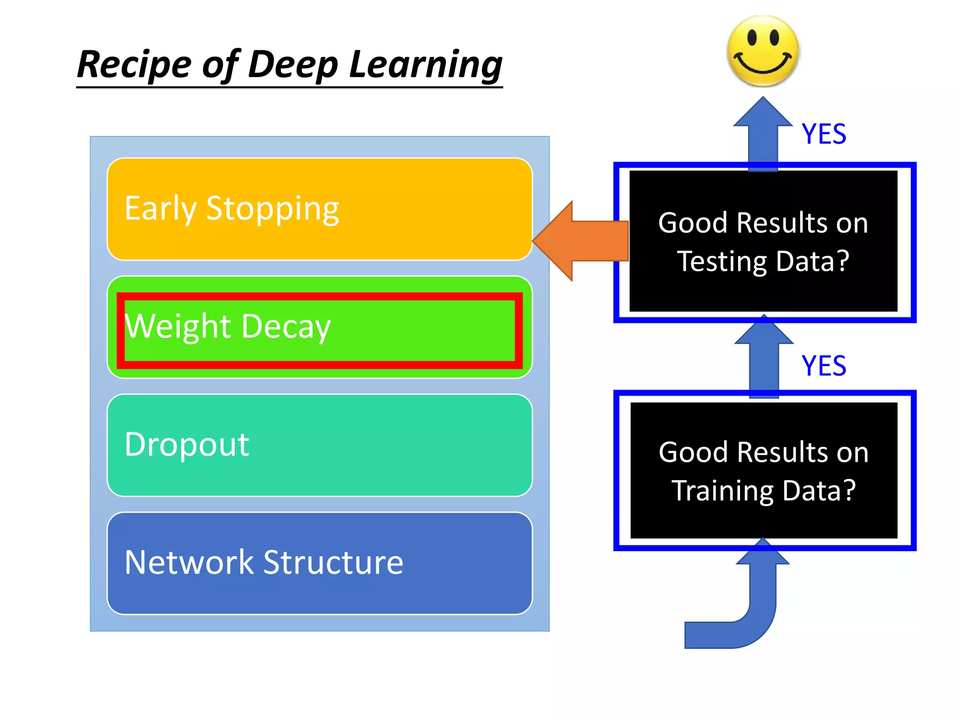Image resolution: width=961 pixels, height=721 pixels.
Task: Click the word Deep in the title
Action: pyautogui.click(x=293, y=65)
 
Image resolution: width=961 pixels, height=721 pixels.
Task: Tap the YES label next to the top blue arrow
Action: pyautogui.click(x=824, y=134)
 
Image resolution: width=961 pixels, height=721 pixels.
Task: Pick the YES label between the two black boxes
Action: pyautogui.click(x=824, y=366)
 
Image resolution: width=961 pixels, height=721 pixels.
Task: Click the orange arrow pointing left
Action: pyautogui.click(x=582, y=241)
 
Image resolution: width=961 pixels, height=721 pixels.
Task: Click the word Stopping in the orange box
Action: pyautogui.click(x=273, y=208)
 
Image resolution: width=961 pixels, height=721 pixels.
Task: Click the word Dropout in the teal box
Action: pyautogui.click(x=187, y=445)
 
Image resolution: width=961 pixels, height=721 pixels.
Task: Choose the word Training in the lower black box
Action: pyautogui.click(x=723, y=491)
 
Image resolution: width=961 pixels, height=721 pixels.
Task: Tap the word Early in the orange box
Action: pyautogui.click(x=160, y=208)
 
